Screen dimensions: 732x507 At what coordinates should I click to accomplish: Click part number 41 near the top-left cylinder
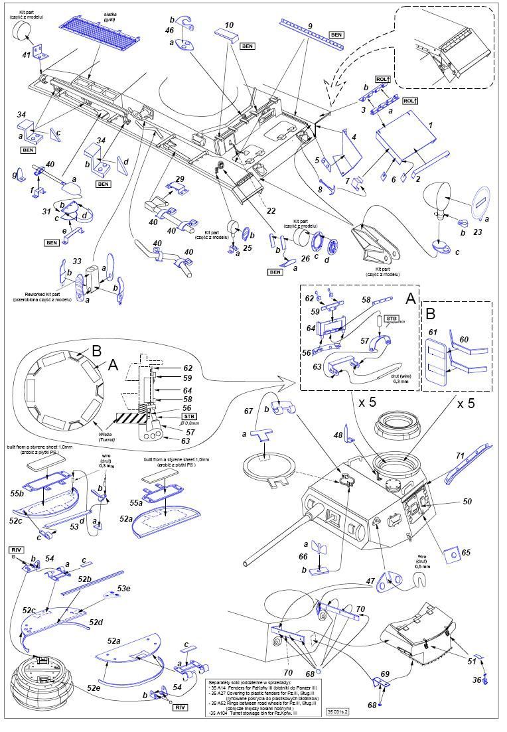(x=26, y=56)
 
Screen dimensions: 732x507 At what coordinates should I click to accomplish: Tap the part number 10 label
(x=230, y=25)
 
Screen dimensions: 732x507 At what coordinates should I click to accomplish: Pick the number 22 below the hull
(x=271, y=210)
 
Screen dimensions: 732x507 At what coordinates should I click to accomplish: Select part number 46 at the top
(x=170, y=30)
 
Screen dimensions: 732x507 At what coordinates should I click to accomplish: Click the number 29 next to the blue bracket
(x=179, y=179)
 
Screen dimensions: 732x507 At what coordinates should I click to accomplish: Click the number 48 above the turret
(x=338, y=435)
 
